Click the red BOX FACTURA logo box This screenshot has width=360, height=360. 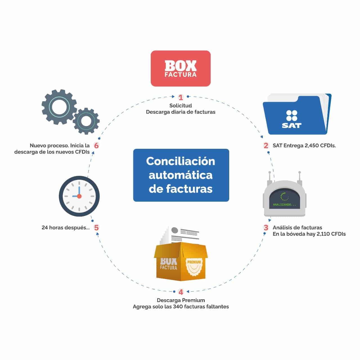click(181, 68)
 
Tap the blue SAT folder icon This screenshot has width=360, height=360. click(297, 114)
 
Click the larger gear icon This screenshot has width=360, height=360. click(59, 107)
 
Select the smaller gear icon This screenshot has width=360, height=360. click(86, 121)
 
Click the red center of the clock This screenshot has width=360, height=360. click(79, 196)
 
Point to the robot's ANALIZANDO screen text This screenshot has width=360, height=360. click(284, 204)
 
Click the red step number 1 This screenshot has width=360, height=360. click(181, 97)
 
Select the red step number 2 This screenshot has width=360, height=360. click(266, 145)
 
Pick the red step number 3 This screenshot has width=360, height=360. click(266, 228)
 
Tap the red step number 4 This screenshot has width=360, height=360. click(181, 292)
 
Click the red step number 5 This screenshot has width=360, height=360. click(96, 228)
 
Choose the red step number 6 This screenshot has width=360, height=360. click(96, 145)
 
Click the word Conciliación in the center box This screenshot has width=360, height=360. click(181, 161)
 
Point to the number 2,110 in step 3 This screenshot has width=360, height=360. click(323, 234)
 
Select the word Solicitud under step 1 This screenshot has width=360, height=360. click(181, 105)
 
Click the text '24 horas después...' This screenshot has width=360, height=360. click(66, 228)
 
